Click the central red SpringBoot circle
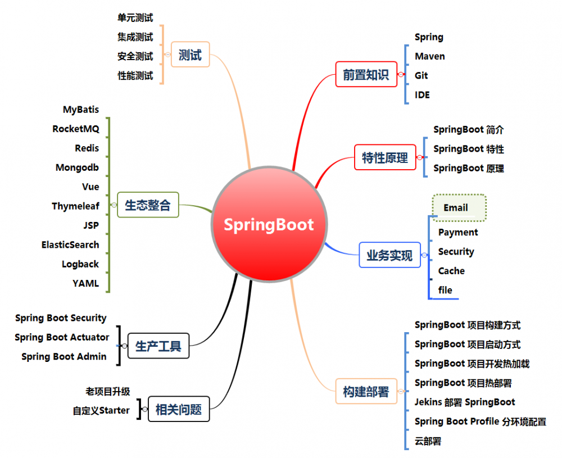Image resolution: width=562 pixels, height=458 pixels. pos(270,224)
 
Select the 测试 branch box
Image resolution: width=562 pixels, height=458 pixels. pos(191,55)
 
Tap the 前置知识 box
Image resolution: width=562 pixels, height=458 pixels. pos(366,74)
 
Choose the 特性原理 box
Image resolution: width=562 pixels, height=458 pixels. pos(385,157)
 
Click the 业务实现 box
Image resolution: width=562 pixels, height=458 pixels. pos(389,255)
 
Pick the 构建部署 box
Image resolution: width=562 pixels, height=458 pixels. pos(366,391)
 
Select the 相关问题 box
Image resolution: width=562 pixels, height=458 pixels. pos(179,409)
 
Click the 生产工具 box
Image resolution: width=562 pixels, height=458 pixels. pos(158,346)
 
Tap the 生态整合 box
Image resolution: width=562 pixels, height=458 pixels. pos(148,205)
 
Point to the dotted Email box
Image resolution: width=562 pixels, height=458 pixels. pos(459,208)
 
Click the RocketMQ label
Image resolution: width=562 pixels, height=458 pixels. pos(76,129)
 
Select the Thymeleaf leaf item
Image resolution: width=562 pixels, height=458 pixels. pos(76,206)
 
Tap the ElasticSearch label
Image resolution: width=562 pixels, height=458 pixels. pos(70,245)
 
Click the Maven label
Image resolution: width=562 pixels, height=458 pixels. pos(430,56)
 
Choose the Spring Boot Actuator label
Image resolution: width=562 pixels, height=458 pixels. pos(62,337)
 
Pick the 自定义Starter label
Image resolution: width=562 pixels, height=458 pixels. pos(101,410)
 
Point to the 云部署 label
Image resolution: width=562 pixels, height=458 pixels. pos(428,441)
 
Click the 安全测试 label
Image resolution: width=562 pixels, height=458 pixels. pos(135,56)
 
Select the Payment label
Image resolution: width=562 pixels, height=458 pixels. pos(458,233)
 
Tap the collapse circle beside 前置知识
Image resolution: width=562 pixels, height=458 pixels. pos(401,75)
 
